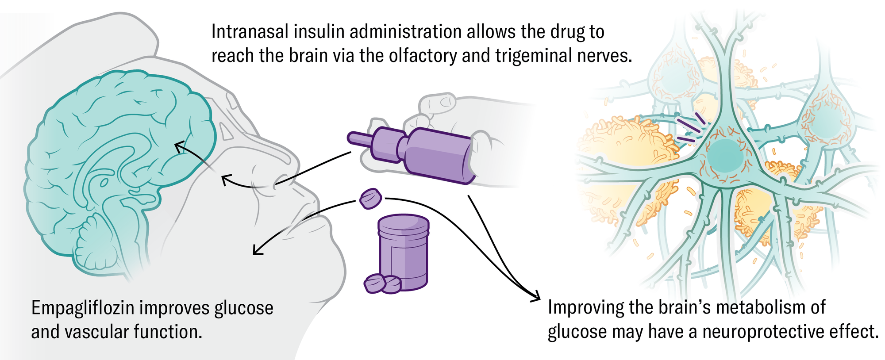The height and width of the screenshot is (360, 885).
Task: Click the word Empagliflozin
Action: tap(83, 308)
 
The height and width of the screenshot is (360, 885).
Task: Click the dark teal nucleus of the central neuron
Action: tap(725, 156)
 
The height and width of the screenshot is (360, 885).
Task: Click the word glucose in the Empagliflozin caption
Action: tap(244, 308)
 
